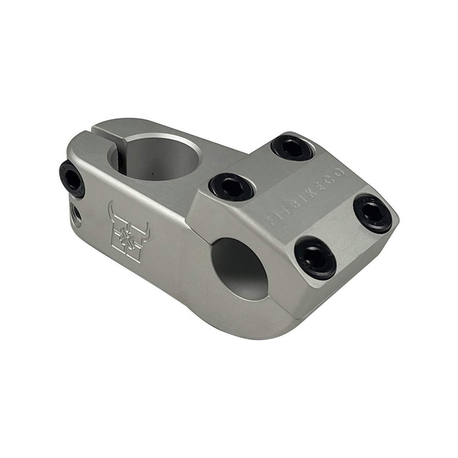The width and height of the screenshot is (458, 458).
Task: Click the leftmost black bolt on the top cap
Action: [231, 186]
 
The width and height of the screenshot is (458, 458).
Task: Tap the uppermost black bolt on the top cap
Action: [292, 148]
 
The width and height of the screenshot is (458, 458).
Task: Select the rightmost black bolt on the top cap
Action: [372, 213]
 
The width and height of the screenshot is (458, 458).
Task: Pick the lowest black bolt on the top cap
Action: [315, 258]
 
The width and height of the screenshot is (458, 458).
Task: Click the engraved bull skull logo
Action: [128, 234]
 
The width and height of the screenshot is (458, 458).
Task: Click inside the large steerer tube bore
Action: [160, 158]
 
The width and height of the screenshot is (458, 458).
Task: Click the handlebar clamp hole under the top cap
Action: [240, 268]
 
